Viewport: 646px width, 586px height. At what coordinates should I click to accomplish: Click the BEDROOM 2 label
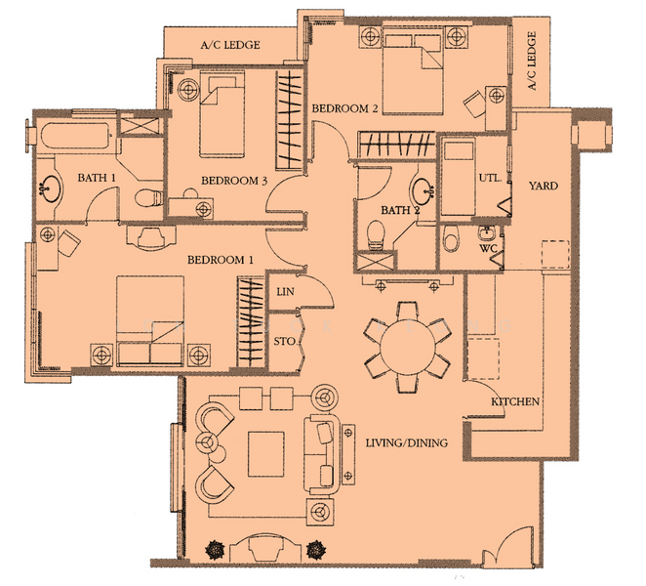[x=344, y=108]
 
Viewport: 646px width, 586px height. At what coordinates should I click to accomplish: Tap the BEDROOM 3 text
[x=234, y=181]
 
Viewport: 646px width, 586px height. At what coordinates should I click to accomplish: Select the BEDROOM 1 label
[x=221, y=260]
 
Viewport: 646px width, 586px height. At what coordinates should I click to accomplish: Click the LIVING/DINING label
[x=407, y=442]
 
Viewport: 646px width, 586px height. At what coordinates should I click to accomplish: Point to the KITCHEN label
[x=515, y=401]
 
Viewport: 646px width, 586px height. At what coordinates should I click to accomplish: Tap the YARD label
[x=544, y=186]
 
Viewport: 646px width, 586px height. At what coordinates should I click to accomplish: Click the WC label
[x=488, y=249]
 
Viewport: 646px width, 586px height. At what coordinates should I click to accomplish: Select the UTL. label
[x=490, y=178]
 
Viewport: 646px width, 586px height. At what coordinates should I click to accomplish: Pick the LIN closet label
[x=285, y=292]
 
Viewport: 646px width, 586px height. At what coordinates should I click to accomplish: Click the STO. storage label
[x=285, y=342]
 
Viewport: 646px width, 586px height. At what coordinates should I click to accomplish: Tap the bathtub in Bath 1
[x=75, y=136]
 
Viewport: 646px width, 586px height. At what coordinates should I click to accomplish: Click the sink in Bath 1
[x=51, y=188]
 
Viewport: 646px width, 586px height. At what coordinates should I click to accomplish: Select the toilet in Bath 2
[x=376, y=235]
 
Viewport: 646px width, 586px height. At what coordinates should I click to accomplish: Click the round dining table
[x=408, y=347]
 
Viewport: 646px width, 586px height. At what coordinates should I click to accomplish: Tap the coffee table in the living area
[x=266, y=454]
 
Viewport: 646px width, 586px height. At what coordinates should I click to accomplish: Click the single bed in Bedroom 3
[x=222, y=114]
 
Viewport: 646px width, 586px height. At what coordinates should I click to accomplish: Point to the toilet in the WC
[x=451, y=238]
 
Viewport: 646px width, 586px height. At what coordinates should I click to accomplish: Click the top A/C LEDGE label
[x=230, y=45]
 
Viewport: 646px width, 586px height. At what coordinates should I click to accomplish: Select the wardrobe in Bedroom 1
[x=251, y=322]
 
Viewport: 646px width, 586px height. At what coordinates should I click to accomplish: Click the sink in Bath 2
[x=423, y=190]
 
